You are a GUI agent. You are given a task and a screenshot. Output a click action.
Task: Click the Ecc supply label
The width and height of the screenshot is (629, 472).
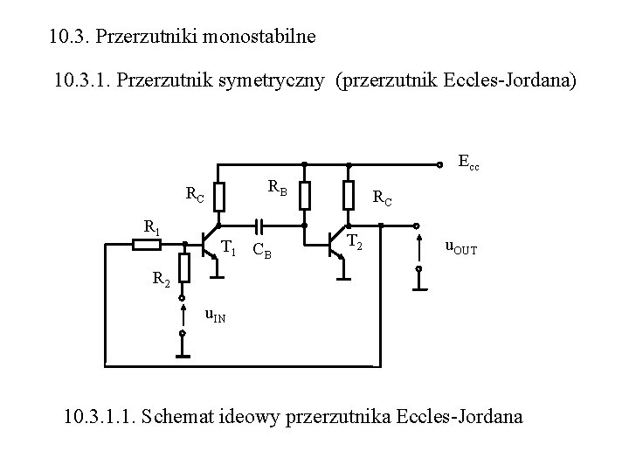click(469, 163)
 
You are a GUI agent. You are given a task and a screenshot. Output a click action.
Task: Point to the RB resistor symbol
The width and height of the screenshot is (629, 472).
click(304, 196)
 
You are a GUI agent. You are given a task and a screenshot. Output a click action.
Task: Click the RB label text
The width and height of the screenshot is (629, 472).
click(277, 185)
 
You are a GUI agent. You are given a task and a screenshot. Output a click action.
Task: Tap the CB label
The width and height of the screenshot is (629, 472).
click(262, 253)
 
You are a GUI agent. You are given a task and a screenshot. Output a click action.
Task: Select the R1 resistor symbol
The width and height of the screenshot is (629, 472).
click(146, 245)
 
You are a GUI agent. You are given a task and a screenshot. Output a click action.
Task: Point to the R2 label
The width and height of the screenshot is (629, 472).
click(161, 281)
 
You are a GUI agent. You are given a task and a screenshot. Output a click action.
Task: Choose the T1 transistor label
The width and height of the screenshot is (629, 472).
click(228, 248)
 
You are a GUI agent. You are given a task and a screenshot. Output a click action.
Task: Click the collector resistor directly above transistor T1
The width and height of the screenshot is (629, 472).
click(218, 196)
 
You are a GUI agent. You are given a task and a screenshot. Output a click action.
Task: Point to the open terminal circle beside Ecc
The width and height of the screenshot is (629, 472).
click(439, 163)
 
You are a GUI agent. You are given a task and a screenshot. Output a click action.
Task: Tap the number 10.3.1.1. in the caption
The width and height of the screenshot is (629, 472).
click(100, 416)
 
